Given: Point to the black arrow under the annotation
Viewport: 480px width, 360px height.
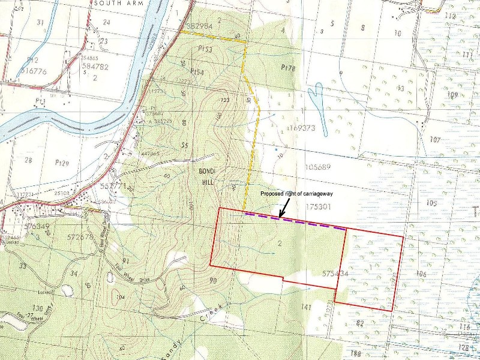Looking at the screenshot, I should (x=284, y=209).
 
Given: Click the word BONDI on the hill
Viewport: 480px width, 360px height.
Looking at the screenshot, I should (x=206, y=171).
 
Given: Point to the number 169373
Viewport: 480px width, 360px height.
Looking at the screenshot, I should (x=292, y=128).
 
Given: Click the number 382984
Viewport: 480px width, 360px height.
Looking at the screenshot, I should (x=199, y=26).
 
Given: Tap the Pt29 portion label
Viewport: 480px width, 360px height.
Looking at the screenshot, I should (x=61, y=163).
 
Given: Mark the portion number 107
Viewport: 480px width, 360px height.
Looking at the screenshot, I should (x=435, y=140).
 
